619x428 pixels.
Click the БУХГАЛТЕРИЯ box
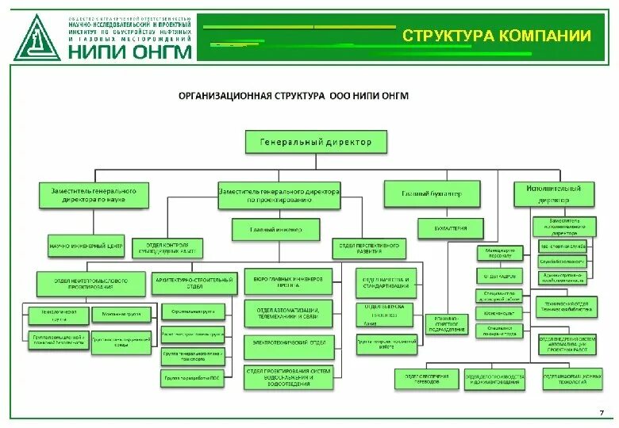click(450, 229)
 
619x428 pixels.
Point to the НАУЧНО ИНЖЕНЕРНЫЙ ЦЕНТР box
click(87, 246)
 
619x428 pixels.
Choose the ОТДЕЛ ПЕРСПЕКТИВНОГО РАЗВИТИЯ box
click(367, 249)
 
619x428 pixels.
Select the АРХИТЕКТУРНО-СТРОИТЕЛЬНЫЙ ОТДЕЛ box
click(194, 283)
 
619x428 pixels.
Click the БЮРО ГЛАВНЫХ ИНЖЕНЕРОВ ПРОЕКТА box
click(288, 283)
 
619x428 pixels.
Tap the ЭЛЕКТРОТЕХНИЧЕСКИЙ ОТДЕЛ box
click(288, 343)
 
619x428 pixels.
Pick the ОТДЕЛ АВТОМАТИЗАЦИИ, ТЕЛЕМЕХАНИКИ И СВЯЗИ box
click(288, 313)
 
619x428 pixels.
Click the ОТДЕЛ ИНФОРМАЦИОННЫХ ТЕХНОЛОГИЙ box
click(569, 380)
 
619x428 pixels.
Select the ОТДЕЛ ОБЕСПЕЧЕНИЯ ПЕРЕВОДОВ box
click(426, 380)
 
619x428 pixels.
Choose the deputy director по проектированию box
click(279, 195)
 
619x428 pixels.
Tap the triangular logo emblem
click(37, 36)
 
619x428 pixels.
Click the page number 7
click(602, 412)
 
